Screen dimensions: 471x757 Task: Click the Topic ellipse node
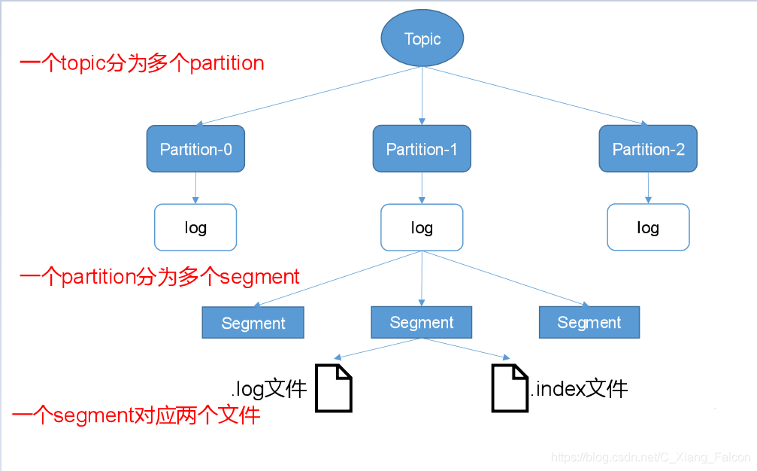coord(422,38)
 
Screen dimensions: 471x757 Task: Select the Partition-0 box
coord(195,149)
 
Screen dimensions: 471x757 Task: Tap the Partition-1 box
coord(421,149)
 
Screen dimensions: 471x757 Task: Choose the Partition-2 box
coord(648,149)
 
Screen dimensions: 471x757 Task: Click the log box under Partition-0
coord(195,227)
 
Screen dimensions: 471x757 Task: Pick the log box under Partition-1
coord(422,227)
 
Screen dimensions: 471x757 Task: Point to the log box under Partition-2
coord(648,227)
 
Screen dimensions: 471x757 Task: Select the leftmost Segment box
coord(253,323)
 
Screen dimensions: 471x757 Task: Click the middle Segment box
coord(422,322)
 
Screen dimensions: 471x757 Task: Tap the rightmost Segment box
coord(589,322)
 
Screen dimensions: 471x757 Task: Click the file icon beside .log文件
coord(333,387)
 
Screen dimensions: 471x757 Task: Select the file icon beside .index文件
coord(510,387)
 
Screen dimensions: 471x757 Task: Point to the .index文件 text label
coord(579,388)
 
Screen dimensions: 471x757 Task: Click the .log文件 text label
coord(269,389)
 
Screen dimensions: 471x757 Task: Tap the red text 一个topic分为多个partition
coord(141,63)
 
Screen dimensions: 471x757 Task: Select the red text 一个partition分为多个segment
coord(159,277)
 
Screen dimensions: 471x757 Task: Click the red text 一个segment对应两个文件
coord(137,415)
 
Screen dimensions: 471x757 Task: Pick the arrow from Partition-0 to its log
coord(195,188)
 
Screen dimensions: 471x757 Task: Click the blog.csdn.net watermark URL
coord(650,457)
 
